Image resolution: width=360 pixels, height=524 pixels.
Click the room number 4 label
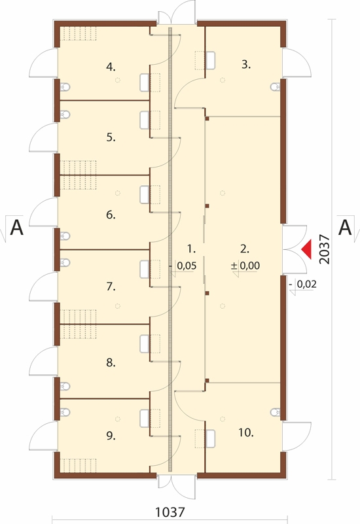click(x=111, y=67)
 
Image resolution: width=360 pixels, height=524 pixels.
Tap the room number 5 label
click(x=111, y=137)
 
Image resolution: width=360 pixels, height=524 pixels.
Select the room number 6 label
click(x=111, y=215)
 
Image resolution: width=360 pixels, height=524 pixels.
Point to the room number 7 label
click(x=111, y=287)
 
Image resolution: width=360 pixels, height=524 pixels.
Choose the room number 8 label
click(x=111, y=362)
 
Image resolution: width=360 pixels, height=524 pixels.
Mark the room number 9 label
click(x=111, y=436)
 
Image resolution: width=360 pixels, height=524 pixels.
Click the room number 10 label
click(x=246, y=432)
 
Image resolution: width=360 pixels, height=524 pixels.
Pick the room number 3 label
click(x=246, y=64)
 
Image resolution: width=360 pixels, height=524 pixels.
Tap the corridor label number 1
click(x=191, y=249)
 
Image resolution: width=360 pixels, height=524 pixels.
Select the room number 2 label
click(x=245, y=249)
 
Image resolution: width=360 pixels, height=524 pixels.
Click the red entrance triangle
click(x=306, y=249)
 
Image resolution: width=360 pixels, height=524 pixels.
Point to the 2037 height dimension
click(x=324, y=249)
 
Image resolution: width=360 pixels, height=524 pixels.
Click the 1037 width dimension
click(x=170, y=512)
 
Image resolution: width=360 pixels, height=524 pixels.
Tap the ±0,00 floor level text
click(x=245, y=266)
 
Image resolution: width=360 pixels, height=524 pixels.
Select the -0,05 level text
click(x=183, y=266)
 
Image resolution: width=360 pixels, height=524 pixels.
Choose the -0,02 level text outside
click(x=303, y=284)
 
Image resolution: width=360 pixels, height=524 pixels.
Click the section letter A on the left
click(x=17, y=228)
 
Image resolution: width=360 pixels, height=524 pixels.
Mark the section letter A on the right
click(x=345, y=228)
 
